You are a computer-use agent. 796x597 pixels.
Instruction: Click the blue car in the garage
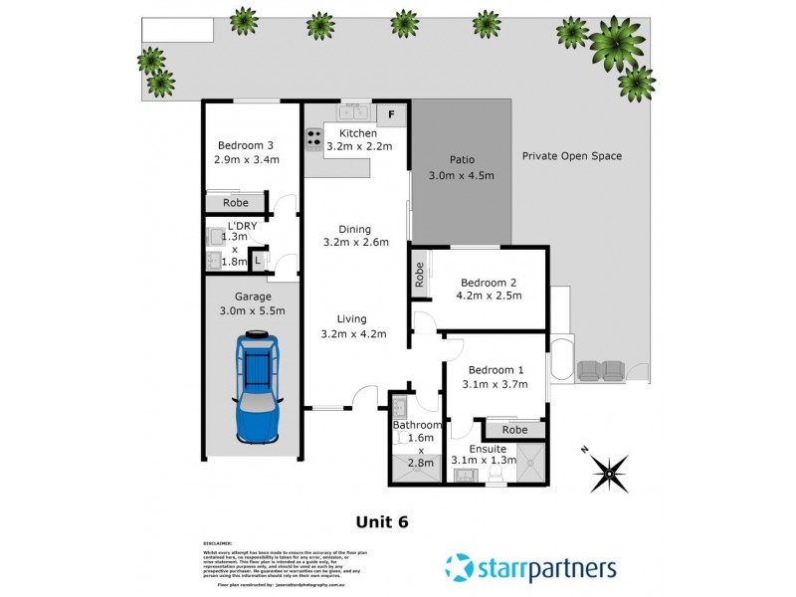[256, 388]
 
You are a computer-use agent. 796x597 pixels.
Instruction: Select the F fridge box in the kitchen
[392, 113]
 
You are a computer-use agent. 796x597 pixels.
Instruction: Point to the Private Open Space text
[572, 156]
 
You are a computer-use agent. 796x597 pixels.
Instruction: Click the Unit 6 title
[382, 520]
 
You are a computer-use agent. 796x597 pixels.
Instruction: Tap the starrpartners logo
[530, 569]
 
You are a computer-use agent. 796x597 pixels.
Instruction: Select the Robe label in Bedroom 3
[236, 203]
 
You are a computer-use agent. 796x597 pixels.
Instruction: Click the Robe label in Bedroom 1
[514, 430]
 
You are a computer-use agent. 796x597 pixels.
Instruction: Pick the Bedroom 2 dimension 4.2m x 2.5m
[488, 296]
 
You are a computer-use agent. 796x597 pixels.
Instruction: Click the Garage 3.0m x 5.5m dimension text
[253, 311]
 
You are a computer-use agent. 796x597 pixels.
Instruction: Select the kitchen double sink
[353, 113]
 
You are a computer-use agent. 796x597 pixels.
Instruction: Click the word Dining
[353, 227]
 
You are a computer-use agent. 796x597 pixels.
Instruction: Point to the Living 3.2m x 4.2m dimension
[353, 333]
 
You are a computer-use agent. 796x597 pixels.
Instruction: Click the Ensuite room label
[488, 449]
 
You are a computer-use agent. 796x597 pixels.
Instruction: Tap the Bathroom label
[416, 425]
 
